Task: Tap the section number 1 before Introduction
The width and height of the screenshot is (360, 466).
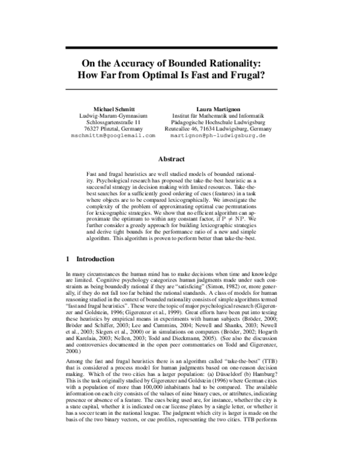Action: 67,259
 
